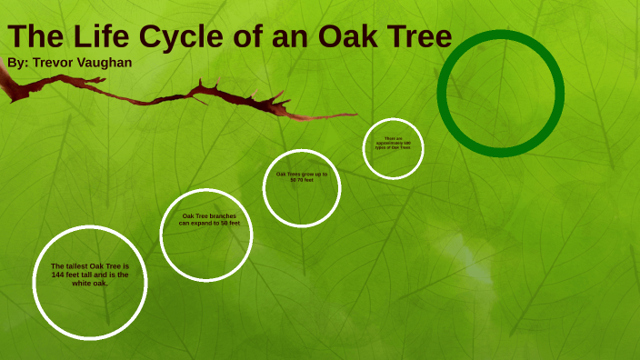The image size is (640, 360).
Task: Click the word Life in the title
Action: click(102, 37)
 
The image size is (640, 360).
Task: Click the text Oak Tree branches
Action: click(209, 215)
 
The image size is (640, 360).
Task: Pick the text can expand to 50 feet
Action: click(209, 223)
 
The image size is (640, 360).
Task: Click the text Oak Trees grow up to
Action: click(302, 174)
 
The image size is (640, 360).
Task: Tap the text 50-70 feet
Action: click(302, 180)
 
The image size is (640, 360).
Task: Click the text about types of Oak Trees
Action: click(393, 146)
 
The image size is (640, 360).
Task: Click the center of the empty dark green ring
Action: click(501, 94)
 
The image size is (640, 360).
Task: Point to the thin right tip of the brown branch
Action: click(355, 115)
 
